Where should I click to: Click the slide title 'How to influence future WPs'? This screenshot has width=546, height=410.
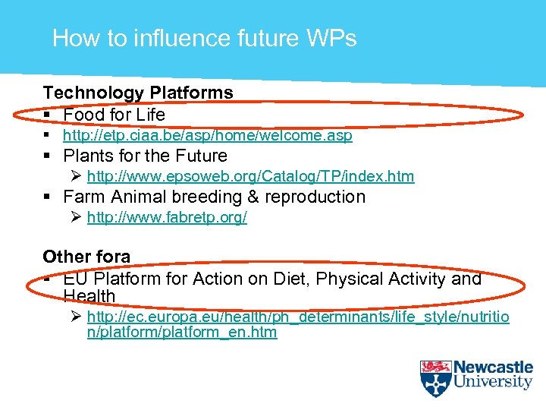coord(204,38)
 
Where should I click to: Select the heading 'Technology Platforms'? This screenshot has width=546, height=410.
coord(138,93)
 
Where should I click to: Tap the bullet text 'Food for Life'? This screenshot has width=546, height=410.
coord(114,115)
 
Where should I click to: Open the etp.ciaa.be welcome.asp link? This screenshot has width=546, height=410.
coord(207,136)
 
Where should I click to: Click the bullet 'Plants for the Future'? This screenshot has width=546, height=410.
coord(145,156)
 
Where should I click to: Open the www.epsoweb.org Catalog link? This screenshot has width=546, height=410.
coord(250,177)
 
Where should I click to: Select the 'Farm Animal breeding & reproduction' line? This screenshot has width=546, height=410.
coord(214,197)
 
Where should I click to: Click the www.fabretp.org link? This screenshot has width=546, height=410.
coord(167,218)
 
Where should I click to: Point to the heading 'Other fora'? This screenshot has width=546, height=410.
coord(86,257)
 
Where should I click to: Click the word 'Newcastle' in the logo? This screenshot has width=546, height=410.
coord(493,367)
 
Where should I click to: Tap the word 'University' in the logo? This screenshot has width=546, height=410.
coord(493,382)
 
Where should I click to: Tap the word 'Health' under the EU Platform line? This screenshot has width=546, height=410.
coord(89,296)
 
